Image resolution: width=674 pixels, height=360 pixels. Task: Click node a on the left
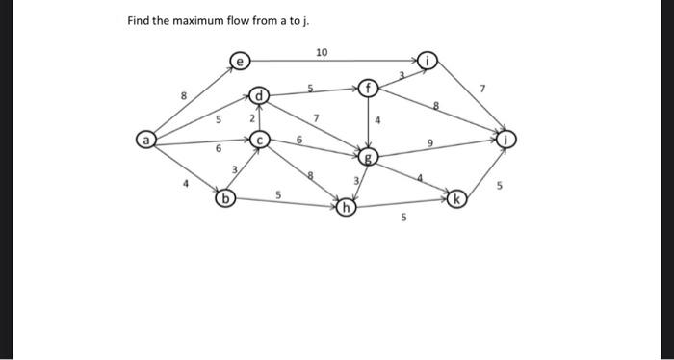[x=144, y=141]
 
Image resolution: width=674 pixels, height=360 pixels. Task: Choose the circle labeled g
[x=368, y=156]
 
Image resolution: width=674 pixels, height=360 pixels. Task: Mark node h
[x=346, y=206]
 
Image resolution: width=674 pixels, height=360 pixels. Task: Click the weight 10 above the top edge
[x=322, y=50]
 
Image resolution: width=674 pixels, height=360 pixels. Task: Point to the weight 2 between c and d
[x=250, y=118]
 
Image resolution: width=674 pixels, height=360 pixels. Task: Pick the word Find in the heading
[x=141, y=21]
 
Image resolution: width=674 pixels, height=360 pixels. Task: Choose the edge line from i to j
[x=469, y=101]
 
